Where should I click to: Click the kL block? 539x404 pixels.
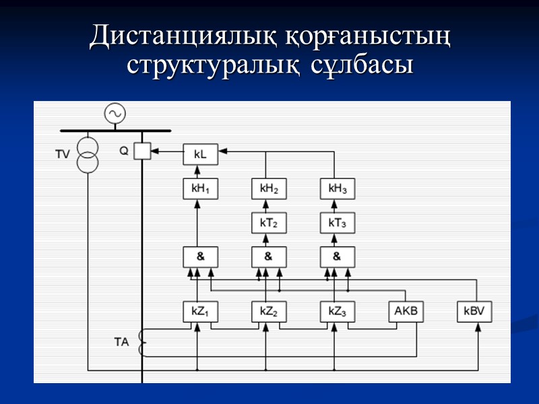point(200,155)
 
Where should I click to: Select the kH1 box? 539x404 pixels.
point(200,189)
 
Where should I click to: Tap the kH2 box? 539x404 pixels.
point(269,189)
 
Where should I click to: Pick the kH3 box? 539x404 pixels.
point(338,189)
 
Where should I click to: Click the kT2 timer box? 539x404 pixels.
point(269,222)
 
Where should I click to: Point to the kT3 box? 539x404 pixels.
point(338,222)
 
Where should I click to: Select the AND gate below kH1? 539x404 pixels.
point(200,257)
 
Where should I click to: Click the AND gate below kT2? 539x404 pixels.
point(269,257)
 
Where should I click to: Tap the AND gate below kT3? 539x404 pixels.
point(338,257)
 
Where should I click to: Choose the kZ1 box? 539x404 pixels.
point(200,312)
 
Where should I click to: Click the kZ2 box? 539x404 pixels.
point(269,312)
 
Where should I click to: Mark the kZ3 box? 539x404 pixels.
point(338,312)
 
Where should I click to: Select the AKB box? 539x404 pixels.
point(406,312)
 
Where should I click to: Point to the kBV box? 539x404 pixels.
point(474,312)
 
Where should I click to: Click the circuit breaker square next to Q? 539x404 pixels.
point(142,151)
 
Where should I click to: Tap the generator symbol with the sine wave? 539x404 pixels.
point(115,113)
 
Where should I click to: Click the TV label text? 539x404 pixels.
point(63,155)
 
